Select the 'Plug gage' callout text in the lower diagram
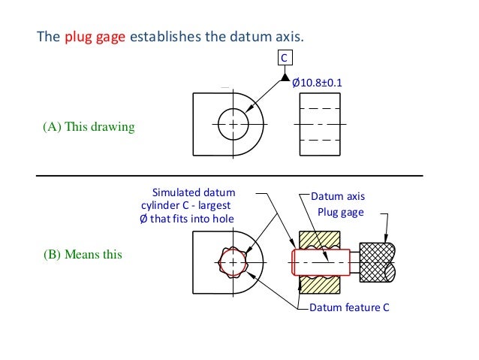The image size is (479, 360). (x=340, y=213)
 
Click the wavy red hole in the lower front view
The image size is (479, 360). (x=233, y=264)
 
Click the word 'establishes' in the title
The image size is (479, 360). (x=161, y=36)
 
